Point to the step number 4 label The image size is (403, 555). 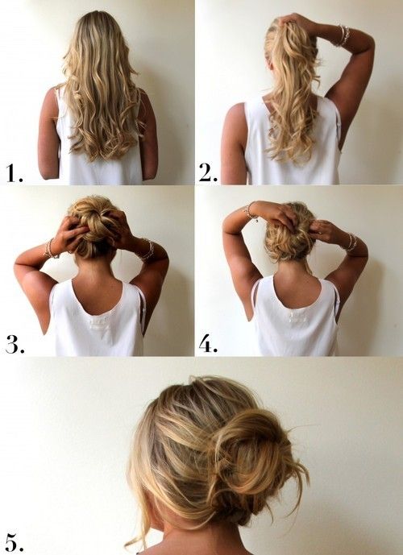(x=208, y=346)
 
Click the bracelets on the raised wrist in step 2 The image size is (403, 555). (x=343, y=35)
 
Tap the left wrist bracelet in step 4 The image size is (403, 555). (x=251, y=212)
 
